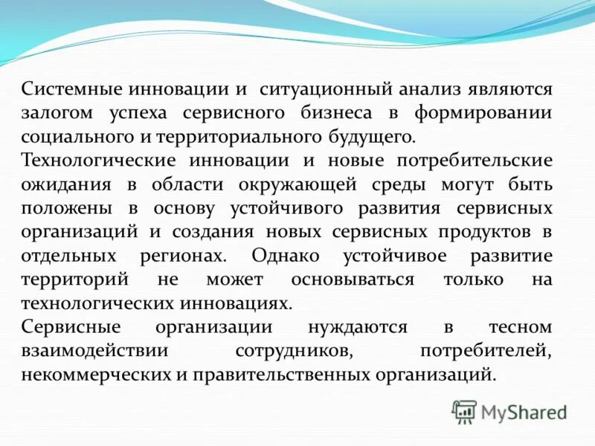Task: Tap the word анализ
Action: coord(430,90)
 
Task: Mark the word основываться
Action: coord(353,279)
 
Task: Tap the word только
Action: coord(473,279)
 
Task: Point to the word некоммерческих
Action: coord(96,374)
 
